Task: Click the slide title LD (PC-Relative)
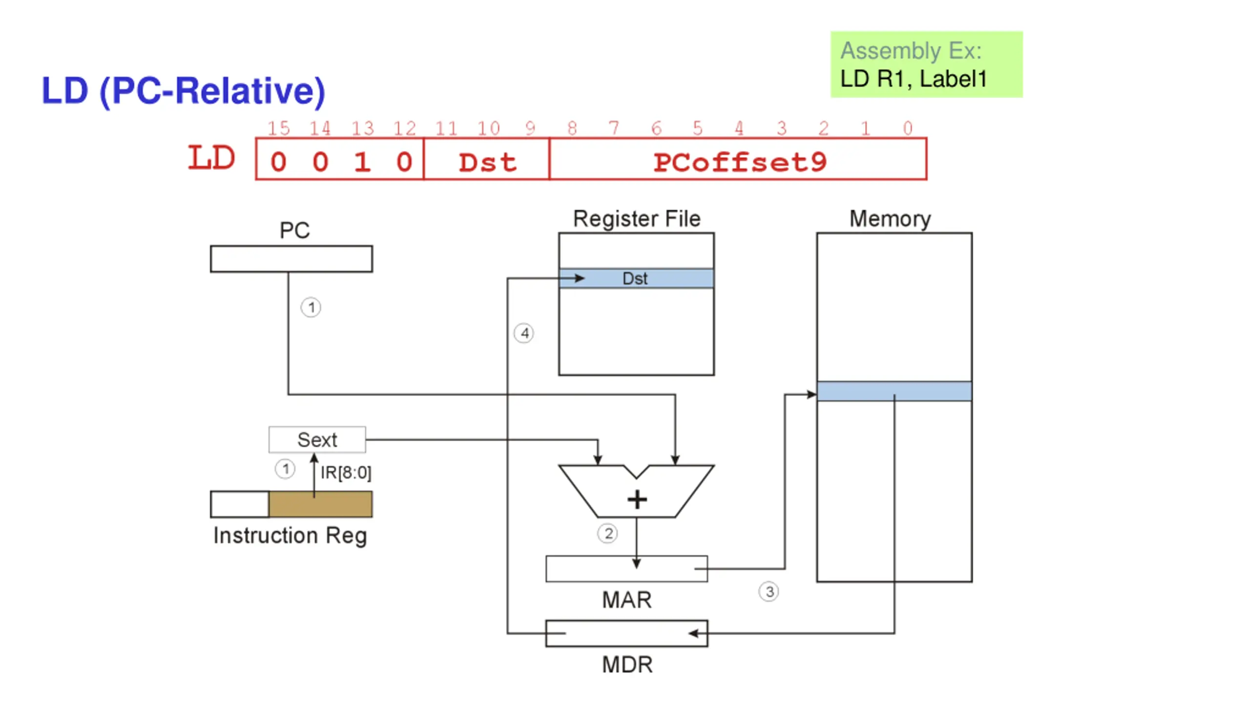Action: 183,91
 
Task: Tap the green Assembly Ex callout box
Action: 926,64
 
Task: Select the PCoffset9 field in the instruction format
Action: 738,159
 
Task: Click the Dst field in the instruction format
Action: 486,159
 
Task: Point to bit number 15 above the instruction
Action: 278,128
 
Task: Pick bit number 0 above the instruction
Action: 907,128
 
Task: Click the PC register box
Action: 291,259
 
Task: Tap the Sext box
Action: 317,439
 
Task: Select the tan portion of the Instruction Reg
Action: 320,504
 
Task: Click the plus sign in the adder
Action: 637,499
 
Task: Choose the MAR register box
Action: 626,569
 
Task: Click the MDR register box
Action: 626,634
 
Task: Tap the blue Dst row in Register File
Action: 636,278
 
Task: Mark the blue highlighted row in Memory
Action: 894,391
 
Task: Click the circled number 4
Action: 524,333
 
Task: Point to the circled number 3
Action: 769,592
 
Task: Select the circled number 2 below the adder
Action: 607,534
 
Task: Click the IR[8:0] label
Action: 346,473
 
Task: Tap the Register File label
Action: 637,219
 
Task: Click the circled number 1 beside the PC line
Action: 311,308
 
